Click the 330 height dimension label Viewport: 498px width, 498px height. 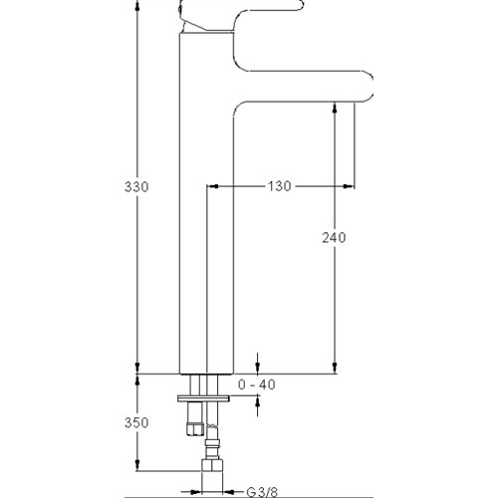tap(136, 187)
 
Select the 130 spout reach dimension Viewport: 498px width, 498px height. tap(280, 186)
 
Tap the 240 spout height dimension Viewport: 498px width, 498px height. tap(334, 237)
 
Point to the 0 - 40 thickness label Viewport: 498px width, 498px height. tap(257, 384)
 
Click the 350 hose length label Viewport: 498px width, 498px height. tap(136, 422)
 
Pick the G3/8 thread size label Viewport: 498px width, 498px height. tap(262, 492)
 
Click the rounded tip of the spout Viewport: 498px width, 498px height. tap(370, 86)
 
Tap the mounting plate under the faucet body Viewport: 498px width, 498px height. tap(203, 398)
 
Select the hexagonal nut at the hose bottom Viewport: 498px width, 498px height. tap(212, 465)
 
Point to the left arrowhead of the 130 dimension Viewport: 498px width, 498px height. tap(212, 186)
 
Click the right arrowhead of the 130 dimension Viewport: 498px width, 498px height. tap(349, 186)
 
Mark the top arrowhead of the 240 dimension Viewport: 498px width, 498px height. tap(335, 109)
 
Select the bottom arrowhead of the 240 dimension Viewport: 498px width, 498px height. tap(335, 368)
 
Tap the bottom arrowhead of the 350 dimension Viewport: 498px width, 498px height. tap(137, 465)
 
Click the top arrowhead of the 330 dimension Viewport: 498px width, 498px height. tap(137, 6)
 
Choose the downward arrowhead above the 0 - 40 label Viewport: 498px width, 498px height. tap(258, 368)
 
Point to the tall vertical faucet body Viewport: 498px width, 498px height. tap(206, 202)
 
